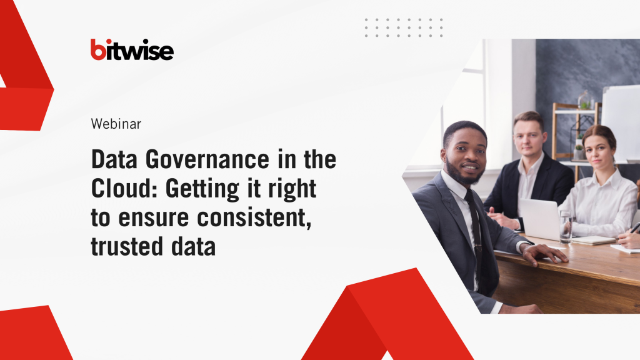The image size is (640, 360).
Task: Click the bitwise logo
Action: [x=132, y=49]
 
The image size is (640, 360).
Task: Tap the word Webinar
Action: [x=116, y=124]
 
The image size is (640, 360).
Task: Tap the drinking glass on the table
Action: [x=566, y=227]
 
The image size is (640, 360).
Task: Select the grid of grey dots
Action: [x=404, y=27]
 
